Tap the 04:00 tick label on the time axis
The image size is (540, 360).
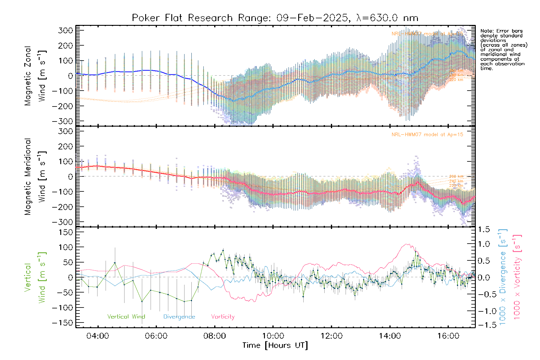(x=98, y=336)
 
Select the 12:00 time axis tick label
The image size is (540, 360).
(x=331, y=336)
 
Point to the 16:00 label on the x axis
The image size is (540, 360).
(x=448, y=336)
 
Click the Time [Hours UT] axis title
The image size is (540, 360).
(x=275, y=346)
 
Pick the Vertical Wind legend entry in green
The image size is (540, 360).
(x=126, y=317)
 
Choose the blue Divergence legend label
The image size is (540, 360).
(x=179, y=317)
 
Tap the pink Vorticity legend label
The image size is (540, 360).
(x=223, y=317)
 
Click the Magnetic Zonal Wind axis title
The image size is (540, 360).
(x=35, y=76)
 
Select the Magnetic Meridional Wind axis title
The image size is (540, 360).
(x=35, y=177)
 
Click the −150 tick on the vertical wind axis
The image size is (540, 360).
(x=63, y=323)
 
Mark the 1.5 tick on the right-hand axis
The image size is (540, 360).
(x=484, y=229)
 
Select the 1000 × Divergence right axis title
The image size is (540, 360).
(x=502, y=277)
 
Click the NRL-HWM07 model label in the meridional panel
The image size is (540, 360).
(x=427, y=135)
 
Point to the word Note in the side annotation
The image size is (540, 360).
(x=486, y=31)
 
